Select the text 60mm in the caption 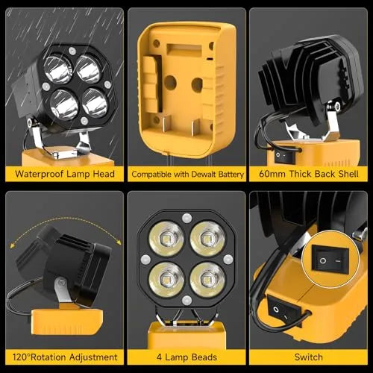click(x=271, y=174)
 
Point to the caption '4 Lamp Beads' click(x=186, y=357)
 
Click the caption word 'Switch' click(x=310, y=357)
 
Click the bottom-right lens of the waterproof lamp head click(x=95, y=104)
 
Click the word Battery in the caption click(x=228, y=174)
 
